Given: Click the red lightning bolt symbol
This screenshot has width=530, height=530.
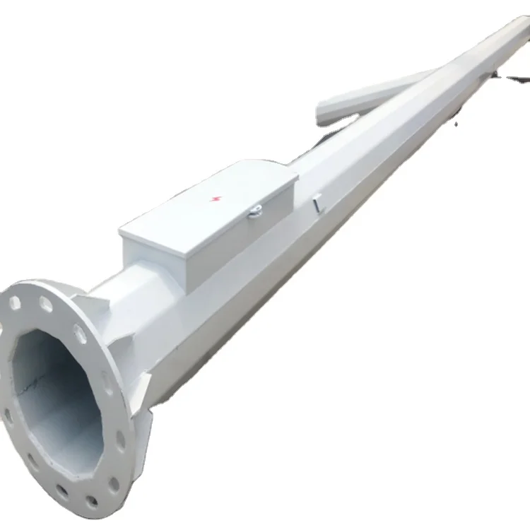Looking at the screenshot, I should click(215, 199).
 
